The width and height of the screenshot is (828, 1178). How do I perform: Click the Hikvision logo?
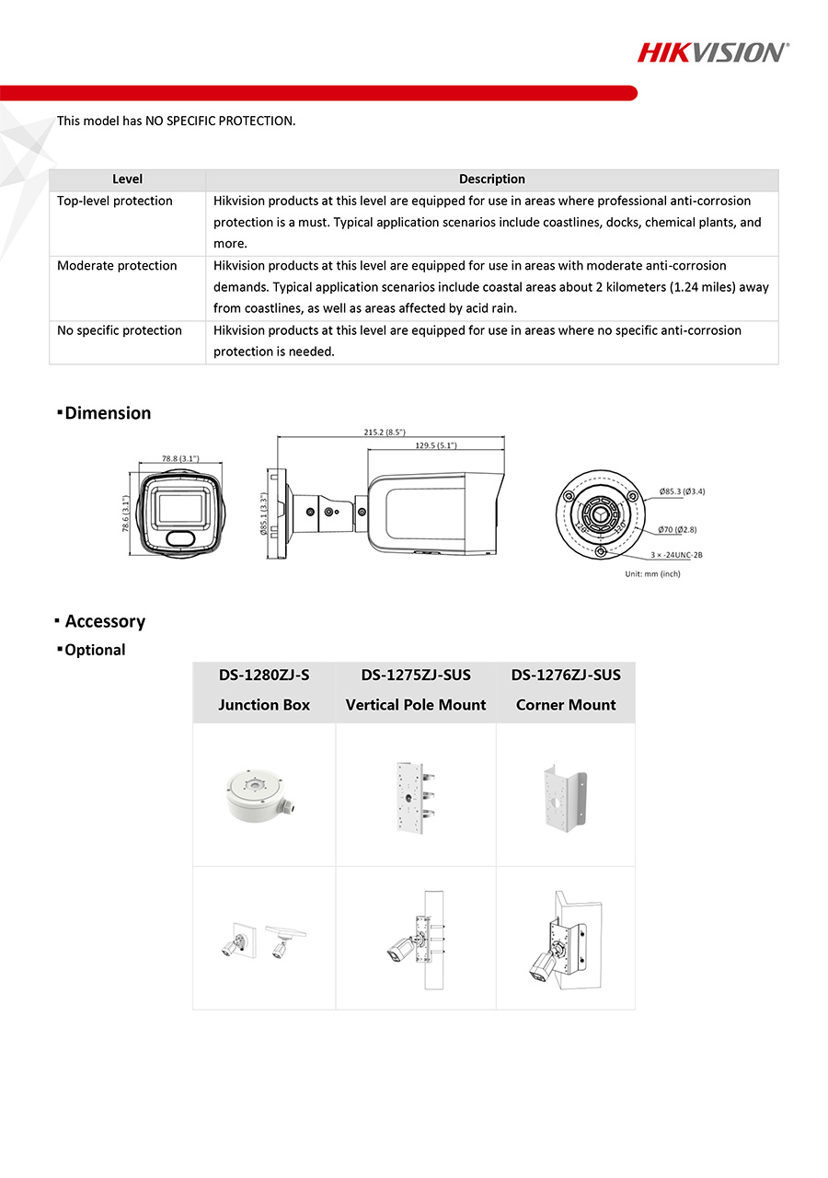click(713, 52)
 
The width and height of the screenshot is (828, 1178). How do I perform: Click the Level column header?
click(127, 179)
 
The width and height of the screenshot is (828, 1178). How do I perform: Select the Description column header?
click(491, 179)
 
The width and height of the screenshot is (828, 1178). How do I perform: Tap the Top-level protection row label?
click(115, 201)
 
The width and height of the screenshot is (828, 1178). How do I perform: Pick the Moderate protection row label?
click(117, 266)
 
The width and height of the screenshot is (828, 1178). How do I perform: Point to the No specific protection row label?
click(120, 330)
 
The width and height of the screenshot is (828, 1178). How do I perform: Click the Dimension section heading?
click(108, 413)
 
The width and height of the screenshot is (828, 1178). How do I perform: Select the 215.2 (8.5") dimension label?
click(385, 432)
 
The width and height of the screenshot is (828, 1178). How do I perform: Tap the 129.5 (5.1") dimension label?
click(436, 445)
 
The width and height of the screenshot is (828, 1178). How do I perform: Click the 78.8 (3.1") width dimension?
click(180, 457)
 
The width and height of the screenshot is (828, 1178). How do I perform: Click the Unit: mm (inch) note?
click(652, 573)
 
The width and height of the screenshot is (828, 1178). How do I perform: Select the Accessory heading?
click(105, 621)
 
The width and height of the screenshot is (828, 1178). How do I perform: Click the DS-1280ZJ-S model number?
click(264, 675)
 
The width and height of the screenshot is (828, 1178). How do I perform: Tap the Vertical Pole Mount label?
click(416, 705)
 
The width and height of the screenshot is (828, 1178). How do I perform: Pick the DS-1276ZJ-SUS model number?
click(566, 675)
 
